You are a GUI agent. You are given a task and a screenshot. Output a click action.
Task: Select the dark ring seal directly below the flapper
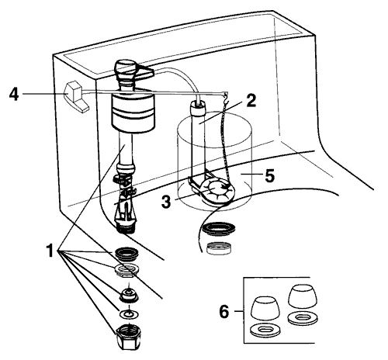click(x=217, y=230)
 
